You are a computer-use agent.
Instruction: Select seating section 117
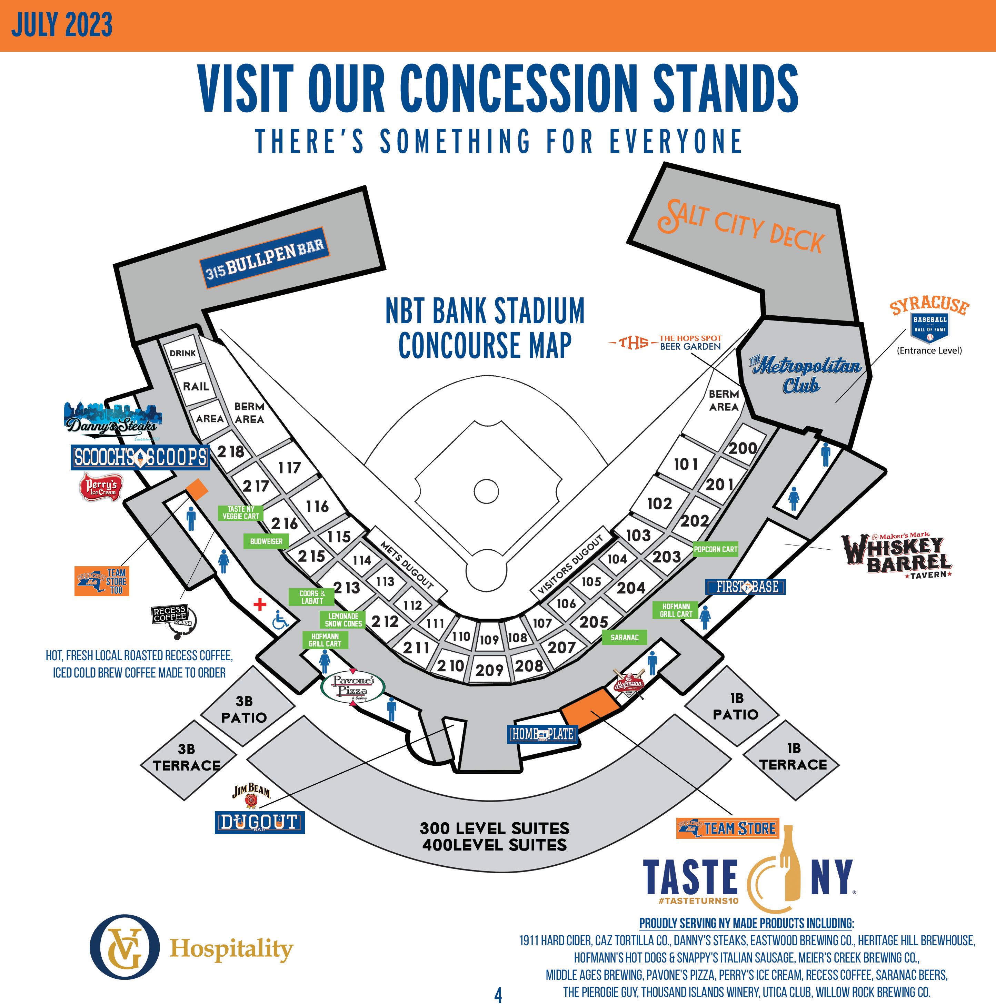(x=290, y=468)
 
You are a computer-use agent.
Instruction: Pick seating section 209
(x=489, y=669)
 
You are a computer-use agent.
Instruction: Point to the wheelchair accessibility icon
(x=280, y=620)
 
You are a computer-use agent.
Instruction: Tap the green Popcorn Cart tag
(x=715, y=549)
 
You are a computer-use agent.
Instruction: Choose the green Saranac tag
(x=624, y=637)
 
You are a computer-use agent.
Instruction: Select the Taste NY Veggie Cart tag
(x=241, y=512)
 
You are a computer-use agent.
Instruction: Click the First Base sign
(x=745, y=587)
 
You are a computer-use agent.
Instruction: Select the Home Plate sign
(x=542, y=734)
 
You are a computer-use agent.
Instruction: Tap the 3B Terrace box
(x=186, y=757)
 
